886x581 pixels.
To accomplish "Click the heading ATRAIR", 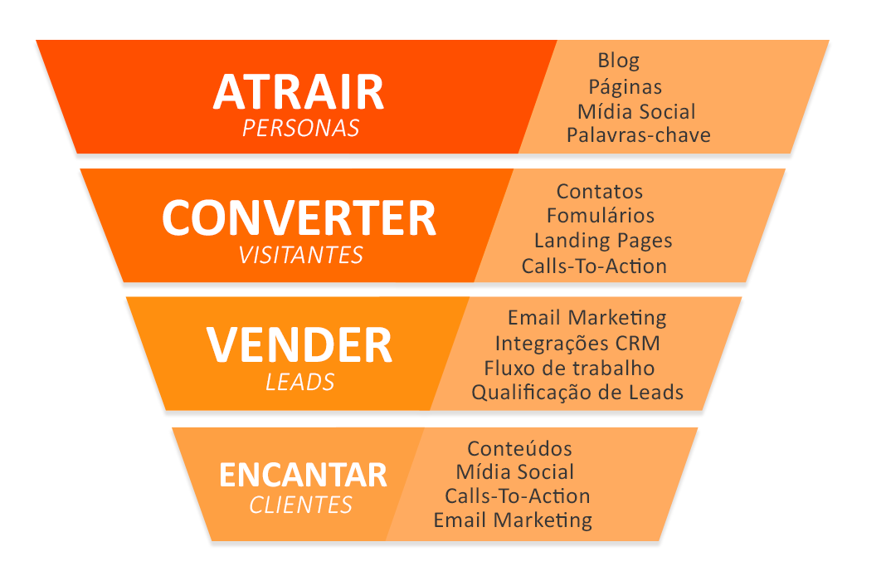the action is pyautogui.click(x=299, y=91).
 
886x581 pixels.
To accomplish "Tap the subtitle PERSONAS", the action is pyautogui.click(x=300, y=129).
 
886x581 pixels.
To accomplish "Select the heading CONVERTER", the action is pyautogui.click(x=299, y=218).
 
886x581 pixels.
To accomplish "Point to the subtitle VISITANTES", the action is pyautogui.click(x=300, y=256).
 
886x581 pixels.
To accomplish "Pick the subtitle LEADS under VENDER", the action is pyautogui.click(x=300, y=383).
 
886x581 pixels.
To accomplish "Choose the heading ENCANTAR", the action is pyautogui.click(x=303, y=475).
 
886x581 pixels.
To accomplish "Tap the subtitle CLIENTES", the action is pyautogui.click(x=300, y=505).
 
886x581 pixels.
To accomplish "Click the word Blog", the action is pyautogui.click(x=619, y=61).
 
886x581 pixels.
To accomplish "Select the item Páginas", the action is pyautogui.click(x=625, y=86).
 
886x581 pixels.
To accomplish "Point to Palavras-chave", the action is pyautogui.click(x=639, y=135).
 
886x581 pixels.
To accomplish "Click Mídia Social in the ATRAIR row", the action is pyautogui.click(x=636, y=111).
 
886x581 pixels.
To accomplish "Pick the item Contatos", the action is pyautogui.click(x=600, y=191).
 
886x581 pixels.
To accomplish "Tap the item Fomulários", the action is pyautogui.click(x=601, y=215).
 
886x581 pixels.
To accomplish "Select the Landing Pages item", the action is pyautogui.click(x=603, y=241).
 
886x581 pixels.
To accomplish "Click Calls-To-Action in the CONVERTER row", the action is pyautogui.click(x=595, y=266).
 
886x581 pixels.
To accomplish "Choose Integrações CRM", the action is pyautogui.click(x=577, y=344).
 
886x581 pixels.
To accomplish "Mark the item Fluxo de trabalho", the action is pyautogui.click(x=570, y=368).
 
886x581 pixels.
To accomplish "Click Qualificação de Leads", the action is pyautogui.click(x=577, y=393).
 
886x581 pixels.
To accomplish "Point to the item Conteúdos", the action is pyautogui.click(x=520, y=448).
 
